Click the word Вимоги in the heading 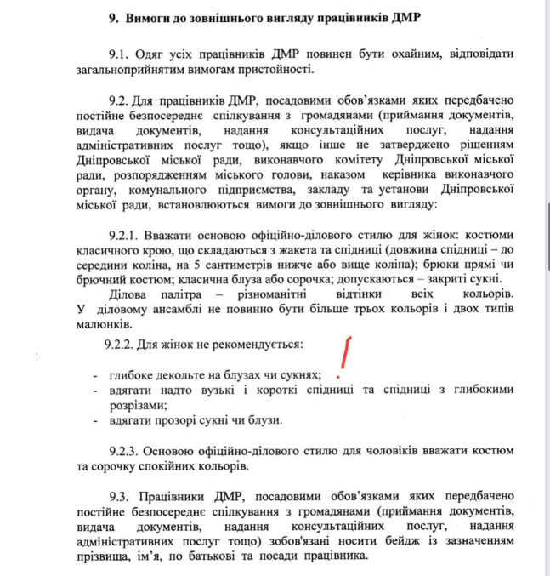point(152,17)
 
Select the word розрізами point(136,405)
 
